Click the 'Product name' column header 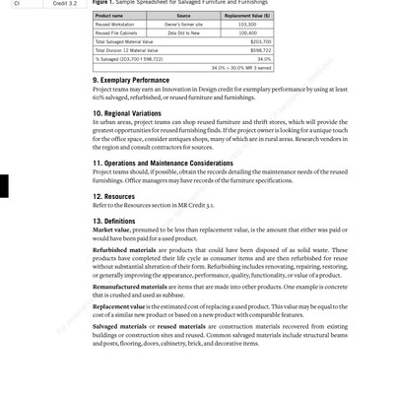109,16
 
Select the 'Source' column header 183,16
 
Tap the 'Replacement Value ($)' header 247,16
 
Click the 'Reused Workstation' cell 114,25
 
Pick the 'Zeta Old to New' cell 183,33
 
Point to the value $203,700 260,42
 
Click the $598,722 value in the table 260,50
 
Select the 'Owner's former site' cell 183,25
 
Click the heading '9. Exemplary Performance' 131,81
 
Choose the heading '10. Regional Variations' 127,113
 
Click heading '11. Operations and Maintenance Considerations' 164,164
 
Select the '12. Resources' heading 114,196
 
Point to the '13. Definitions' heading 114,222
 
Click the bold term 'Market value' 111,230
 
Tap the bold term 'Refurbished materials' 122,250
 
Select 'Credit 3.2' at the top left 65,3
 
